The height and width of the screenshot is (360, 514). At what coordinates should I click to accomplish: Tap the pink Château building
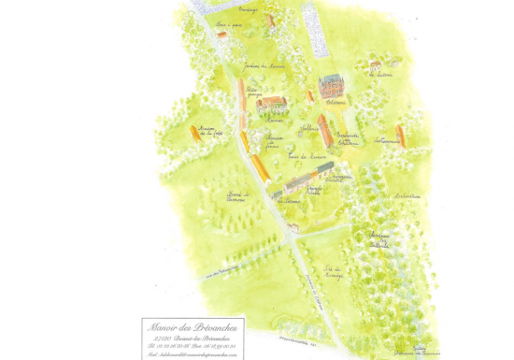(332, 86)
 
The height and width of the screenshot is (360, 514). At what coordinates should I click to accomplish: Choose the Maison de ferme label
(273, 140)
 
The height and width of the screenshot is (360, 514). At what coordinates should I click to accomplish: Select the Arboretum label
(407, 195)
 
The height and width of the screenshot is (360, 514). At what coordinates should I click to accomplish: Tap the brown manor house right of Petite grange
(272, 104)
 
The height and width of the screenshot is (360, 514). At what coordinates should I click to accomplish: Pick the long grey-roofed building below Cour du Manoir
(305, 177)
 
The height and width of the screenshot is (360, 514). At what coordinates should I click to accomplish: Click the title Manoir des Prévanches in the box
(193, 326)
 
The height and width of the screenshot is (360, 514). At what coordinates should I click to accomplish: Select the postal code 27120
(164, 337)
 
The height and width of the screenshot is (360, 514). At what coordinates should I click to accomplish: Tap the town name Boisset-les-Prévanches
(201, 337)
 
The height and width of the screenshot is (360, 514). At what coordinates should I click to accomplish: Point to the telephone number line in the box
(193, 345)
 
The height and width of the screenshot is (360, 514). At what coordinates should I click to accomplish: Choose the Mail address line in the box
(193, 354)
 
